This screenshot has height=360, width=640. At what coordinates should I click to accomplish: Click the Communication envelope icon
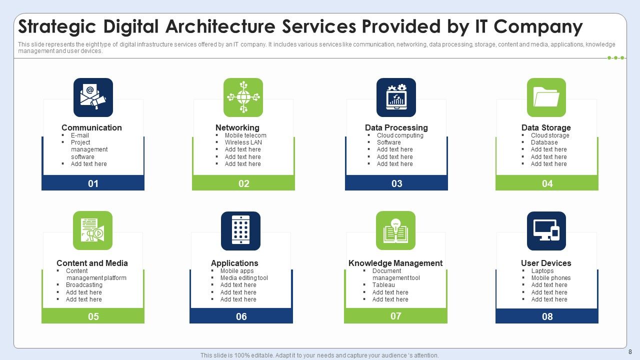pyautogui.click(x=93, y=97)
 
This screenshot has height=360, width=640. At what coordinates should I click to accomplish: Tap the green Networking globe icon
pyautogui.click(x=243, y=97)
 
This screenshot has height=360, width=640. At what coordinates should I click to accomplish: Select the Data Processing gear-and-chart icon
pyautogui.click(x=396, y=97)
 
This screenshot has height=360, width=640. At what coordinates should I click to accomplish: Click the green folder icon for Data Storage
pyautogui.click(x=546, y=97)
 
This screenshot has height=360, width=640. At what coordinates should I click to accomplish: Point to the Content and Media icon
pyautogui.click(x=92, y=230)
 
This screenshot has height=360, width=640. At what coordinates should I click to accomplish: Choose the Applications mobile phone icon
pyautogui.click(x=240, y=231)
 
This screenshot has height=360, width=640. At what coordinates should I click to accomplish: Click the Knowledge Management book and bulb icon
pyautogui.click(x=395, y=230)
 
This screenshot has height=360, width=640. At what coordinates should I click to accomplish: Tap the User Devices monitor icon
pyautogui.click(x=546, y=231)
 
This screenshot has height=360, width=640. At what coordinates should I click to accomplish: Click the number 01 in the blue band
pyautogui.click(x=93, y=183)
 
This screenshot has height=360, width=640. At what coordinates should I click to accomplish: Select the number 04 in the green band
pyautogui.click(x=547, y=183)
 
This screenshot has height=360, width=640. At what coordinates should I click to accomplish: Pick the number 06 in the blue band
pyautogui.click(x=241, y=316)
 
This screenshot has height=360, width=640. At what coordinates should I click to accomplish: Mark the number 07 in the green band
pyautogui.click(x=396, y=316)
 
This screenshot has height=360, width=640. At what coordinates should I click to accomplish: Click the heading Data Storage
pyautogui.click(x=546, y=127)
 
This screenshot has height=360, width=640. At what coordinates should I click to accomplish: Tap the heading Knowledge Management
pyautogui.click(x=395, y=263)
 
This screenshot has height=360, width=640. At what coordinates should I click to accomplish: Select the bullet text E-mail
pyautogui.click(x=80, y=135)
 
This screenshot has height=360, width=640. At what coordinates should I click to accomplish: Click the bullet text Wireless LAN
pyautogui.click(x=243, y=142)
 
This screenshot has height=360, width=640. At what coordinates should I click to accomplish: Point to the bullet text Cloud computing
pyautogui.click(x=400, y=135)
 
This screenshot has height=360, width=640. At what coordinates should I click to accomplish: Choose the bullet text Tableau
pyautogui.click(x=383, y=285)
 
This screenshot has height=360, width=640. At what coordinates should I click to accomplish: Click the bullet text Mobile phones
pyautogui.click(x=551, y=278)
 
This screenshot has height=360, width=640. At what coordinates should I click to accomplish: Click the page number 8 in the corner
pyautogui.click(x=630, y=352)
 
